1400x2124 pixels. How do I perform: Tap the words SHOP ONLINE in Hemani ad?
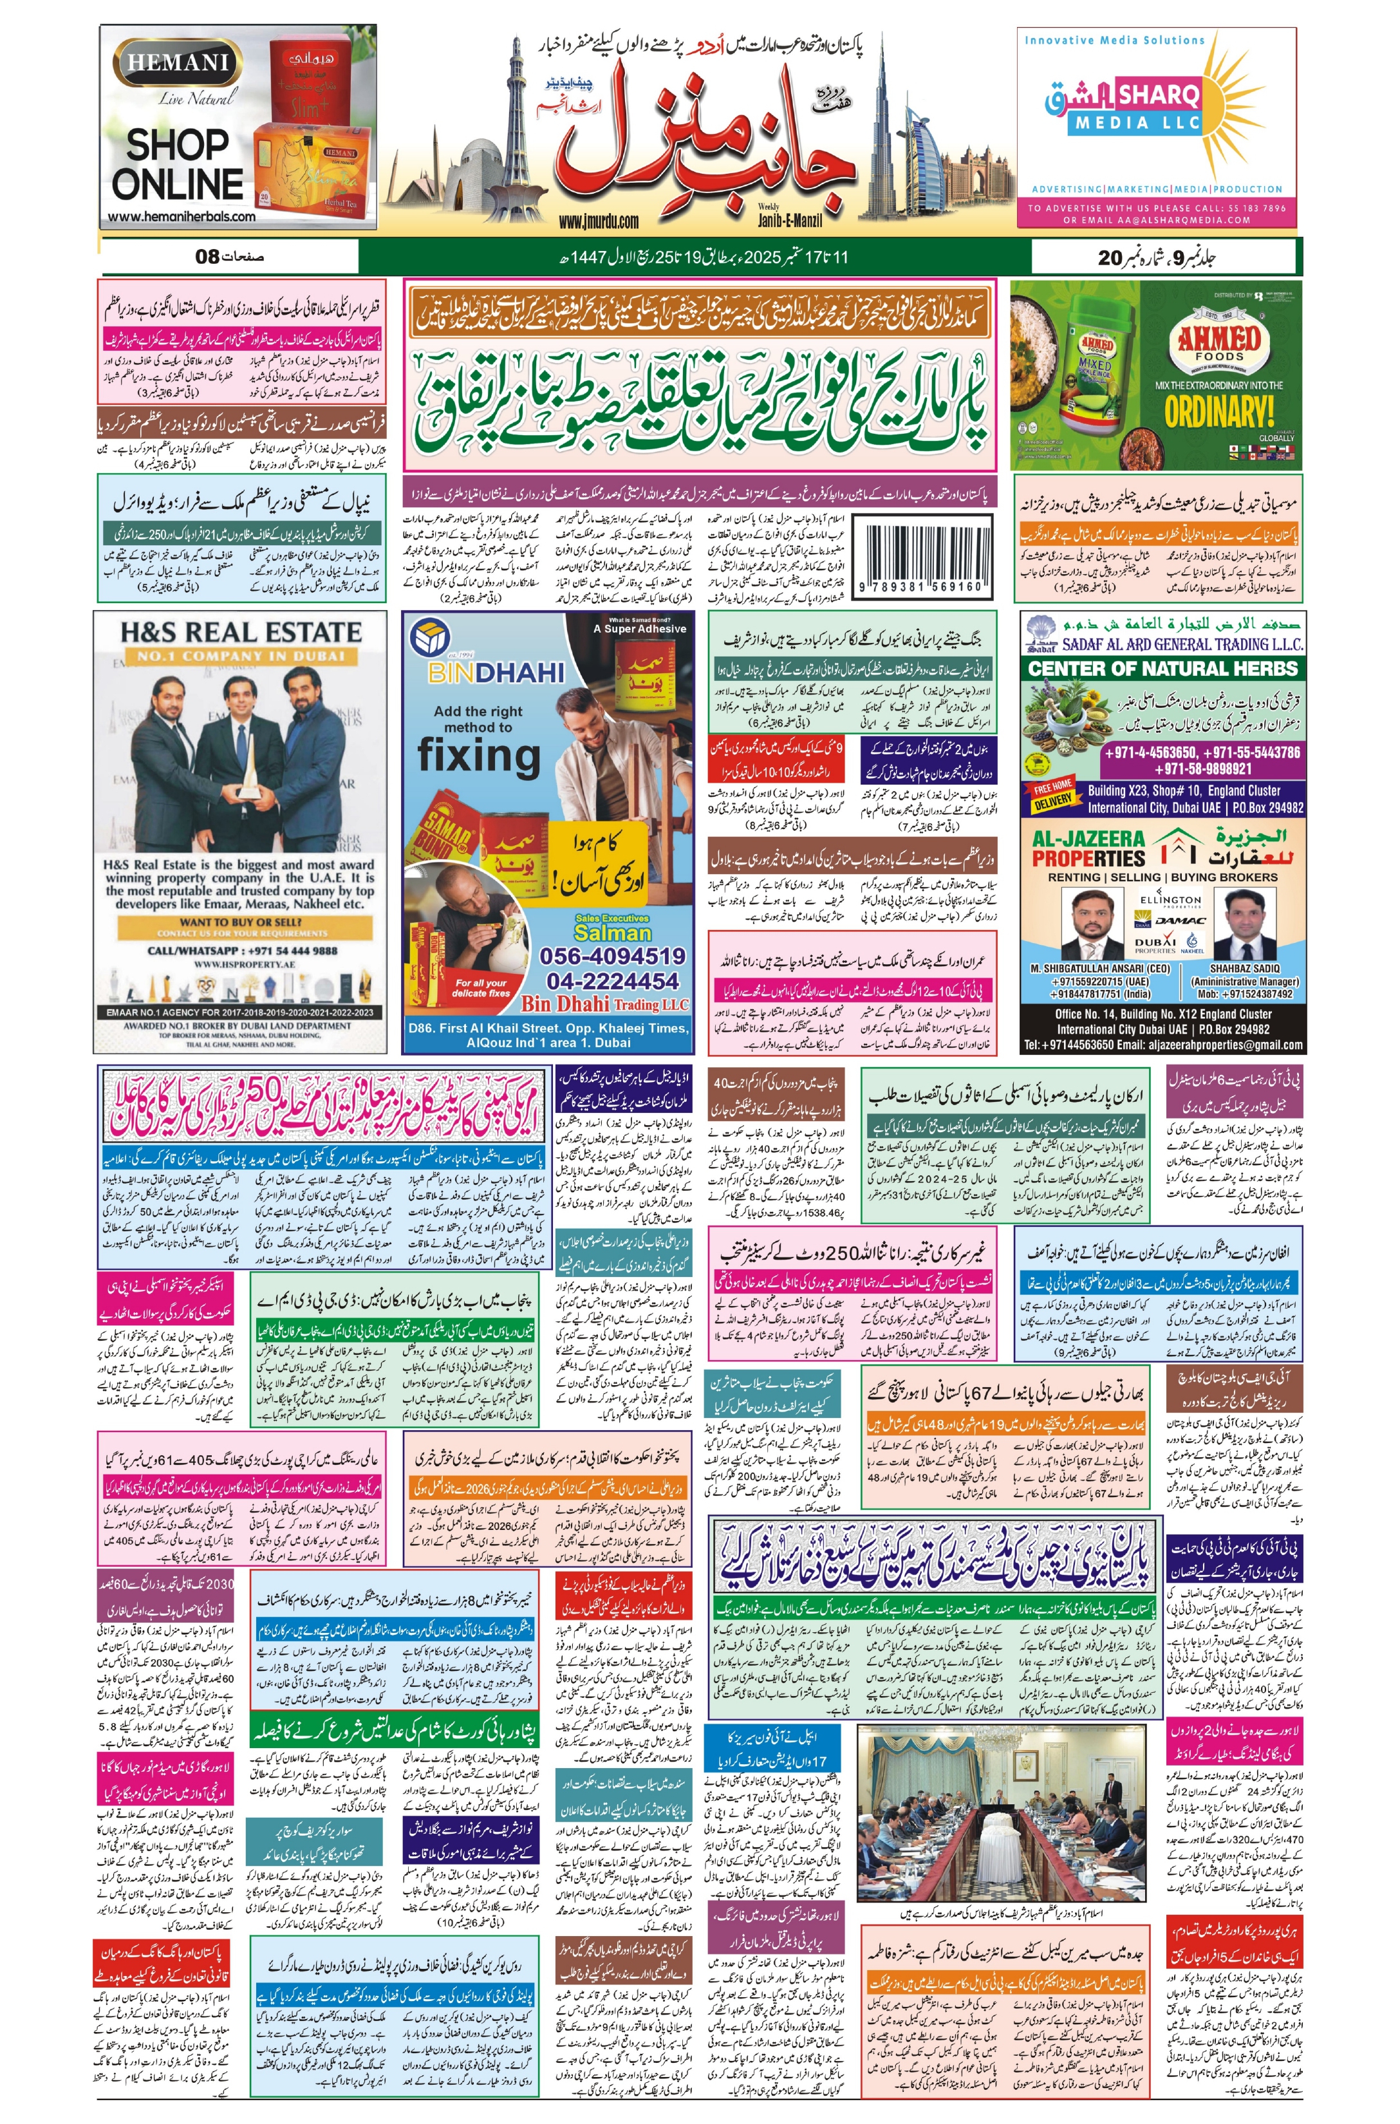[x=178, y=164]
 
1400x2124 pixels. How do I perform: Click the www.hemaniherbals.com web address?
[x=182, y=216]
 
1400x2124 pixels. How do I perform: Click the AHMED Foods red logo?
[x=1218, y=343]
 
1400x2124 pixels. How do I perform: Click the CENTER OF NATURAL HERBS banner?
[x=1162, y=668]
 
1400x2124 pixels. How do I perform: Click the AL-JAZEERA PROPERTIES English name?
[x=1088, y=849]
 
